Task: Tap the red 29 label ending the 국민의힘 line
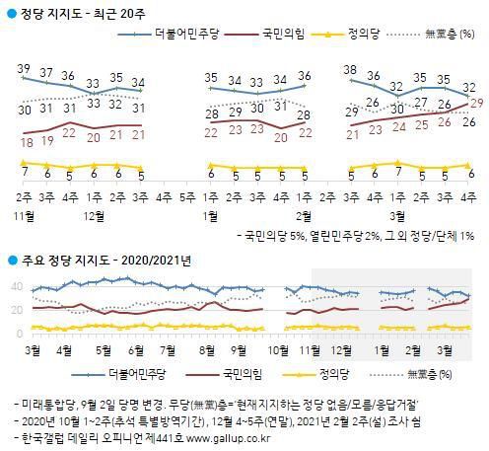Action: pos(474,103)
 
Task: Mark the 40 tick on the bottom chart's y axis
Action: pos(15,286)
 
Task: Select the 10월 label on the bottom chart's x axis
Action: pos(281,348)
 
